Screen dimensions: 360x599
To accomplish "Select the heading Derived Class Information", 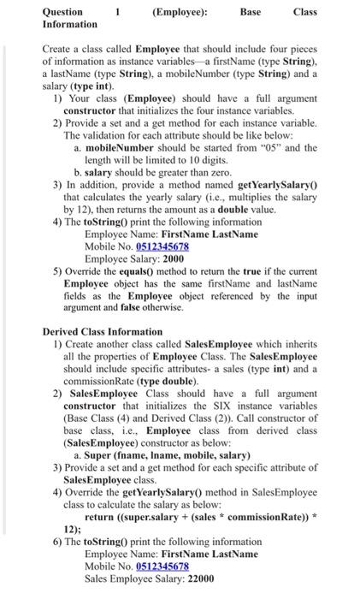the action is click(102, 331).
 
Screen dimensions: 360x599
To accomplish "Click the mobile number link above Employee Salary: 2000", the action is click(162, 246).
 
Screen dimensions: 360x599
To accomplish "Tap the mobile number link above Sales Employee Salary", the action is click(162, 566).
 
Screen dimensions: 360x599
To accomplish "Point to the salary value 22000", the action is click(198, 579).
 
